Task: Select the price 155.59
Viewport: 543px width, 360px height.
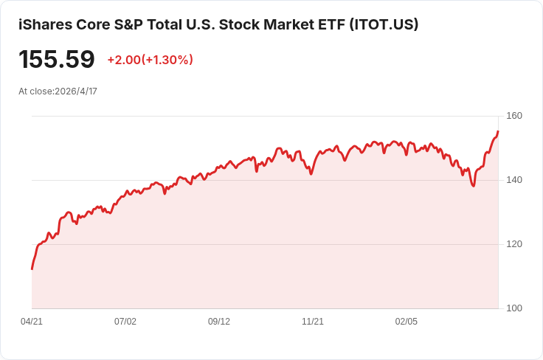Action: (x=57, y=59)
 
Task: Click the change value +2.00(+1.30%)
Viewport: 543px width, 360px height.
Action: (x=150, y=60)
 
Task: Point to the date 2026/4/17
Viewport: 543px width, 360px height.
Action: (x=76, y=91)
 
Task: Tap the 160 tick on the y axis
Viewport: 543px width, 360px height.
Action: (x=514, y=116)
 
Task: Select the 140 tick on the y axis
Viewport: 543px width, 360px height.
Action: (x=514, y=180)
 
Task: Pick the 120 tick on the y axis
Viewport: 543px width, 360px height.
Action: (x=514, y=244)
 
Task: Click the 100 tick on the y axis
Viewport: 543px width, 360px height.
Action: (x=514, y=308)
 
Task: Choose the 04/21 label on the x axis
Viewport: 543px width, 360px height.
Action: (x=32, y=322)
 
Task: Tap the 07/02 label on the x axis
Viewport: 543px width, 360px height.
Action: (x=125, y=322)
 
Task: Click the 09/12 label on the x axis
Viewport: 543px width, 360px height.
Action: (x=219, y=322)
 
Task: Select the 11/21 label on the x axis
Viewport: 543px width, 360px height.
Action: (x=313, y=322)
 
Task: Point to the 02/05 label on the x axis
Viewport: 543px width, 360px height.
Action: (x=407, y=322)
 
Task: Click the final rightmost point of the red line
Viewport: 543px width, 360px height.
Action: (x=498, y=132)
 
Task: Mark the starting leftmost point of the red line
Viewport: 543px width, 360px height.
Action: (x=32, y=269)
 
